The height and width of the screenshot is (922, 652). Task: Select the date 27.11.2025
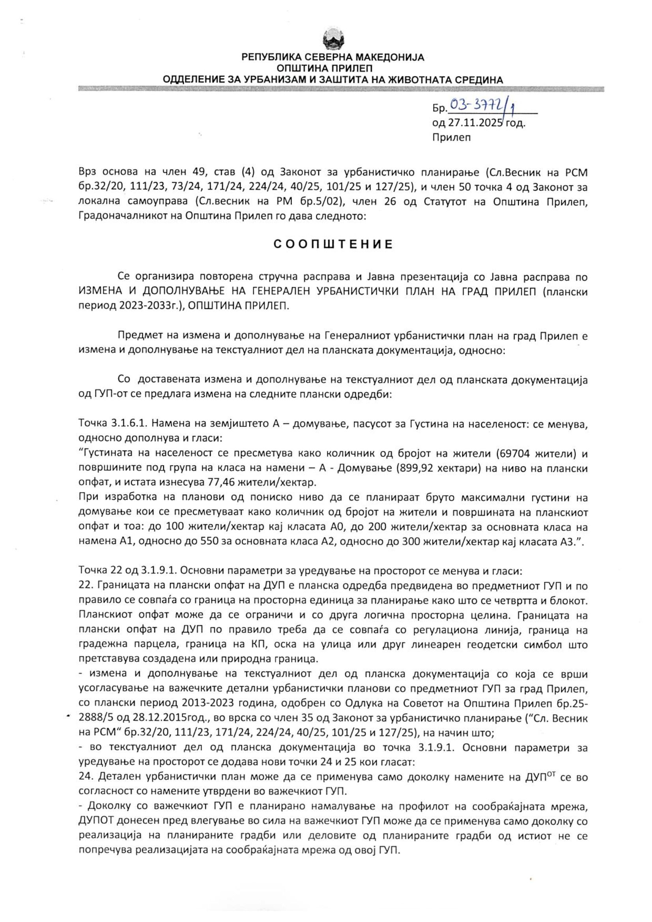(x=476, y=123)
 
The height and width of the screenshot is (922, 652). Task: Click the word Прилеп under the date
(x=452, y=138)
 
